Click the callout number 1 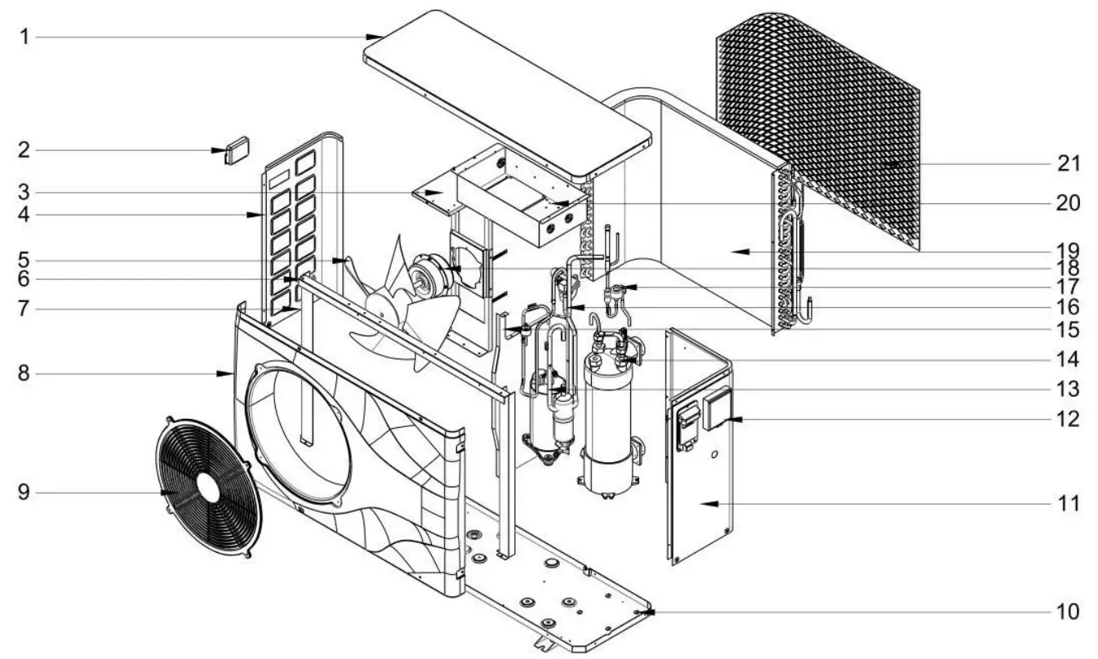point(24,37)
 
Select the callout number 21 point(1068,164)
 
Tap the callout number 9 point(24,492)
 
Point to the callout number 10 point(1067,611)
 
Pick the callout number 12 point(1068,419)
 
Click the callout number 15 point(1068,330)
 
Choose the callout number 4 point(24,216)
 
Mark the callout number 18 point(1068,268)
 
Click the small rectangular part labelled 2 point(236,150)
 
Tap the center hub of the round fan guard point(207,488)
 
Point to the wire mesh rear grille point(816,122)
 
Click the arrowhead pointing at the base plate point(648,611)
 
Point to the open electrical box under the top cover point(522,204)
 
